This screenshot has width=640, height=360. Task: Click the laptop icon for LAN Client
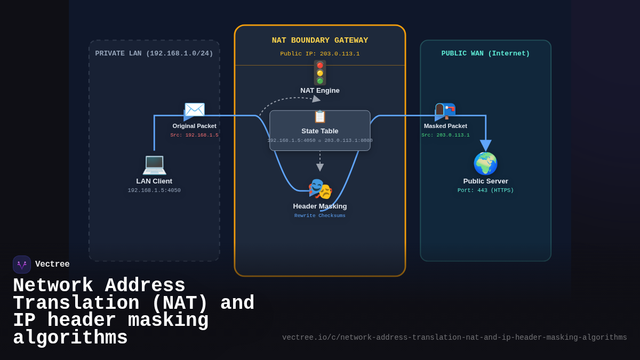pyautogui.click(x=154, y=164)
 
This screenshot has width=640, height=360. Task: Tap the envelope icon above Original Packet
pyautogui.click(x=195, y=110)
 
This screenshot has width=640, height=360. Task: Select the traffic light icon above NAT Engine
pyautogui.click(x=320, y=73)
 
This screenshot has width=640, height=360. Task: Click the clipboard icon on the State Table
pyautogui.click(x=320, y=117)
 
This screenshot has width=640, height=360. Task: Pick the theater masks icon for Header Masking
pyautogui.click(x=320, y=189)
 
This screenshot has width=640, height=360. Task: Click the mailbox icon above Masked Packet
pyautogui.click(x=445, y=110)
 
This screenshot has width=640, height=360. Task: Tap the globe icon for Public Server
pyautogui.click(x=485, y=164)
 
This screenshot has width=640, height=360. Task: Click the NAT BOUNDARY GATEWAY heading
pyautogui.click(x=320, y=41)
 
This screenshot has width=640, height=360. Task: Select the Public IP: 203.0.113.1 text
pyautogui.click(x=320, y=54)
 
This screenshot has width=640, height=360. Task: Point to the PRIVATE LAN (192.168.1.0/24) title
pyautogui.click(x=154, y=54)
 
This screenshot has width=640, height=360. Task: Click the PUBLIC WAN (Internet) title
pyautogui.click(x=485, y=54)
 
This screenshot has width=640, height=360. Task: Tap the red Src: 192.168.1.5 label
pyautogui.click(x=194, y=135)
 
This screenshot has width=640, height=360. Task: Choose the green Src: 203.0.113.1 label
pyautogui.click(x=445, y=135)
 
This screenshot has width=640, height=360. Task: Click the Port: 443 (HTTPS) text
pyautogui.click(x=485, y=190)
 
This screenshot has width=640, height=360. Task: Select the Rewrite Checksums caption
pyautogui.click(x=320, y=216)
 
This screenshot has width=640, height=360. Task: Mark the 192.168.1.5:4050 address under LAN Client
pyautogui.click(x=154, y=191)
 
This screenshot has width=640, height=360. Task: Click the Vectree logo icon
pyautogui.click(x=22, y=265)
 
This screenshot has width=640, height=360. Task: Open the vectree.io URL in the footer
pyautogui.click(x=454, y=338)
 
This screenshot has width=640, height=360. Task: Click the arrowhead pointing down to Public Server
pyautogui.click(x=485, y=145)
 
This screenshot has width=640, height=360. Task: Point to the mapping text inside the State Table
pyautogui.click(x=320, y=141)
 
